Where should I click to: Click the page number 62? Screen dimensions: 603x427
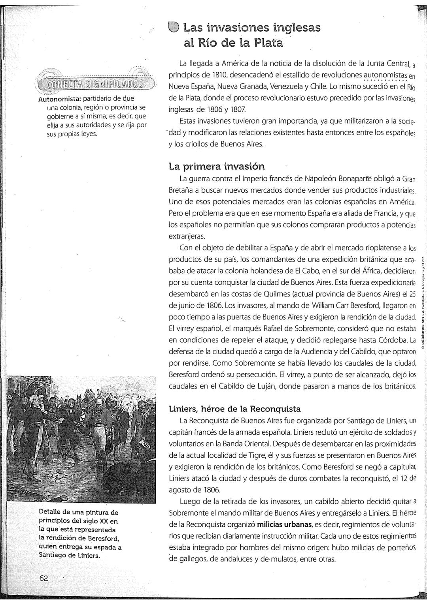pyautogui.click(x=43, y=578)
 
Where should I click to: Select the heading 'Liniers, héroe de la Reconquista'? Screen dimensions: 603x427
pyautogui.click(x=235, y=408)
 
